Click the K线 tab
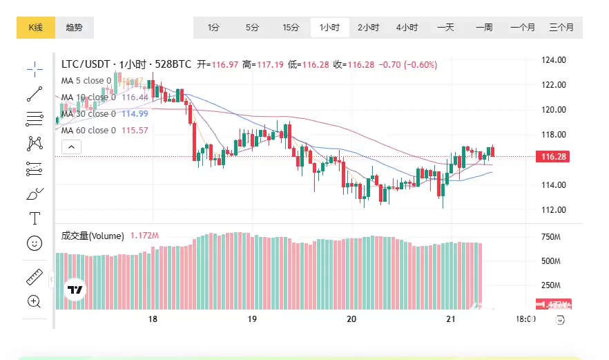click(x=35, y=28)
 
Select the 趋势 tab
click(x=75, y=28)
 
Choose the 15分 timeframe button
click(x=291, y=28)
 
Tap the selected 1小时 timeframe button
click(x=329, y=28)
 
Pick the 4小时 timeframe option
click(x=407, y=28)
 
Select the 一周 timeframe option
click(x=484, y=28)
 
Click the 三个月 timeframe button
click(x=561, y=28)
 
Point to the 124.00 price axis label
click(x=554, y=60)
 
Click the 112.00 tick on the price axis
click(x=554, y=210)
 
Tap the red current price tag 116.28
click(x=554, y=157)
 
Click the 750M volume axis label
click(x=550, y=237)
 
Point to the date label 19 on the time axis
click(x=252, y=319)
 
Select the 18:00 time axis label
click(x=526, y=319)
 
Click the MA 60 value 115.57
click(x=135, y=131)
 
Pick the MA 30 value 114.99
click(x=135, y=114)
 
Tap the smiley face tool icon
click(x=35, y=243)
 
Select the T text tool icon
click(x=35, y=218)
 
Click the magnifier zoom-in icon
click(x=35, y=301)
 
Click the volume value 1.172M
click(x=144, y=236)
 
